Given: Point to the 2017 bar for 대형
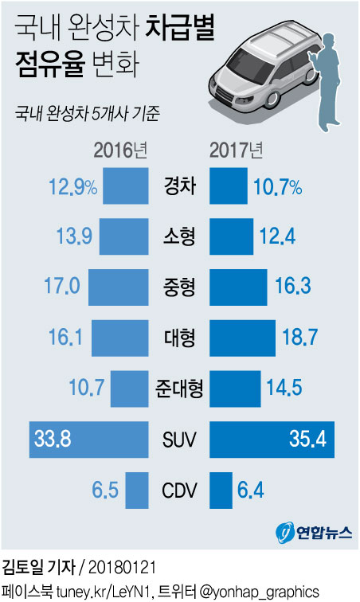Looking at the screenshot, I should coord(243,338).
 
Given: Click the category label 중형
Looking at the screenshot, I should coord(179,287).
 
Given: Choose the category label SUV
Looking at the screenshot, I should coord(179,438).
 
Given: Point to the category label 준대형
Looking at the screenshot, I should coord(179,388).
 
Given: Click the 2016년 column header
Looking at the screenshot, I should coord(119,149).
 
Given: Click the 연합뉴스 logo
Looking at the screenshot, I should coord(314,533).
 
